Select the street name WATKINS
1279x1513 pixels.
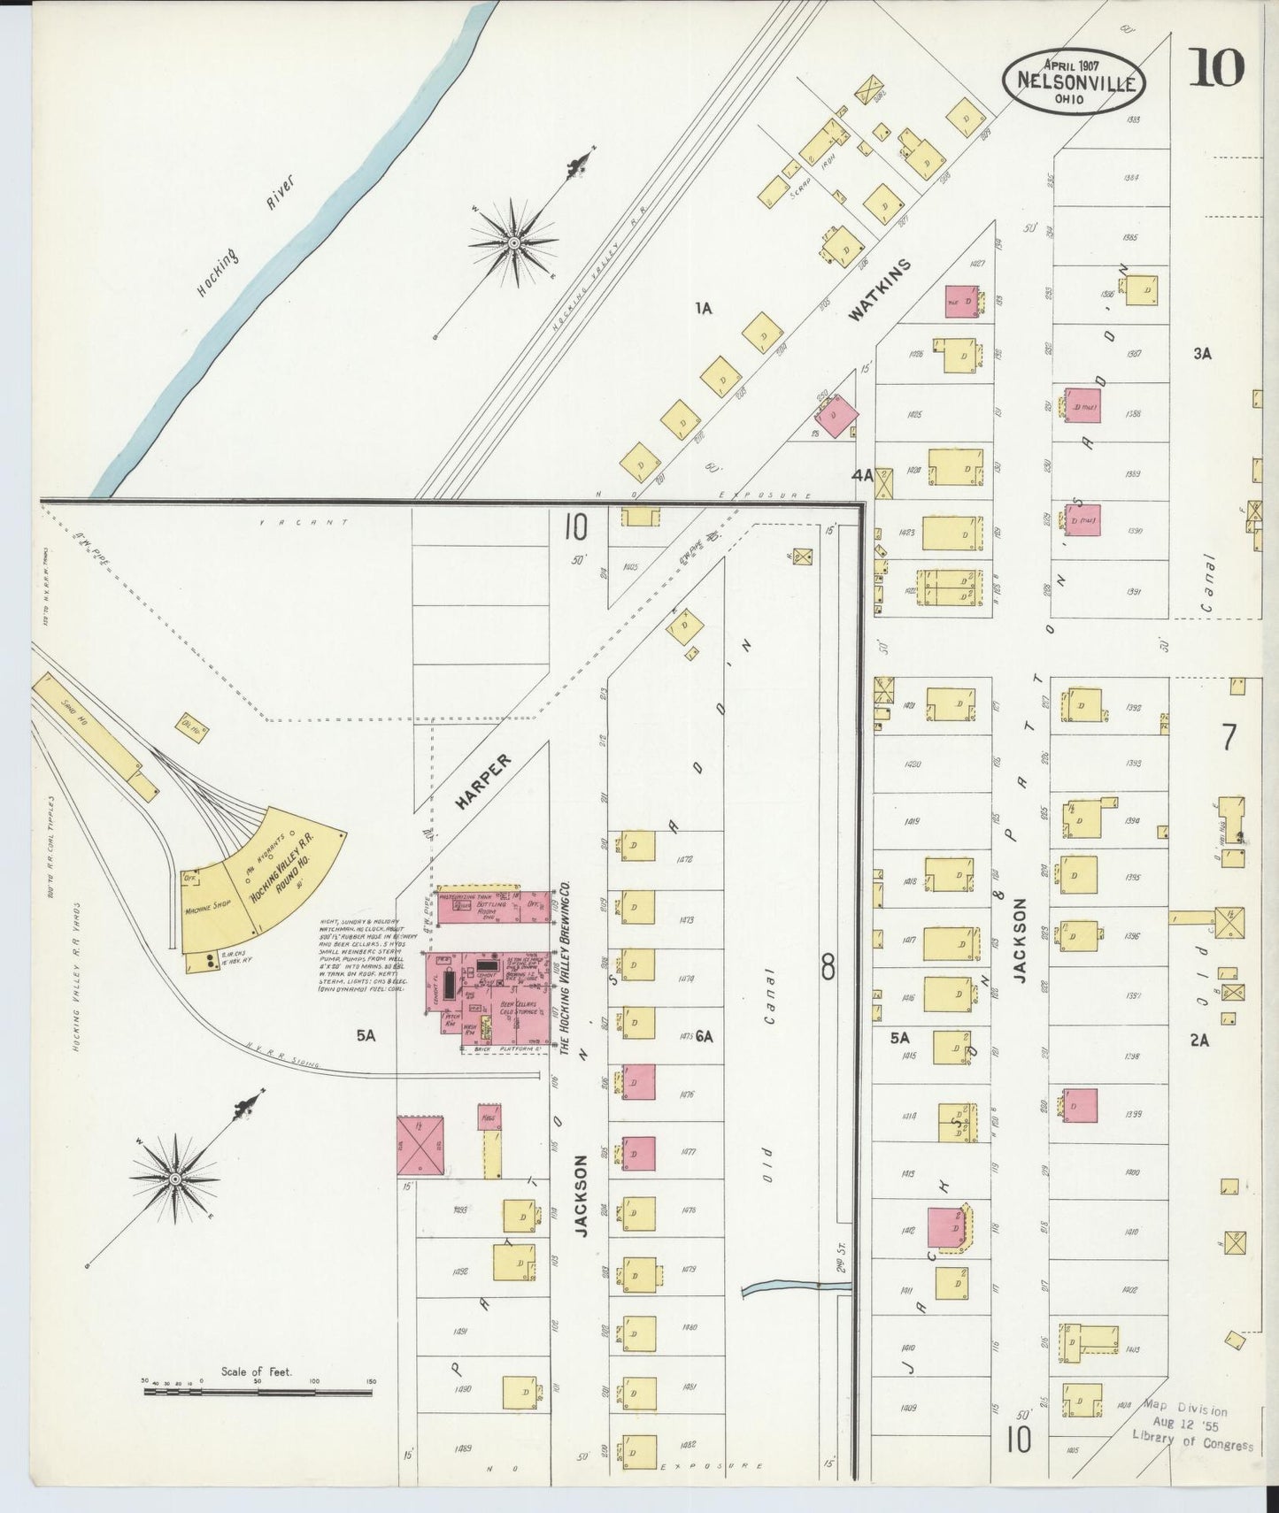tap(881, 289)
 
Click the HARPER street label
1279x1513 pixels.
tap(484, 781)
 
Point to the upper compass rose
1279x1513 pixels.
tap(514, 241)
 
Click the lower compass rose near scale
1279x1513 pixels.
tap(175, 1180)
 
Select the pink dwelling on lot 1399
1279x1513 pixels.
tap(1080, 1106)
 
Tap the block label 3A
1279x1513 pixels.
tap(1201, 354)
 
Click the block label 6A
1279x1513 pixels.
tap(705, 1036)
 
